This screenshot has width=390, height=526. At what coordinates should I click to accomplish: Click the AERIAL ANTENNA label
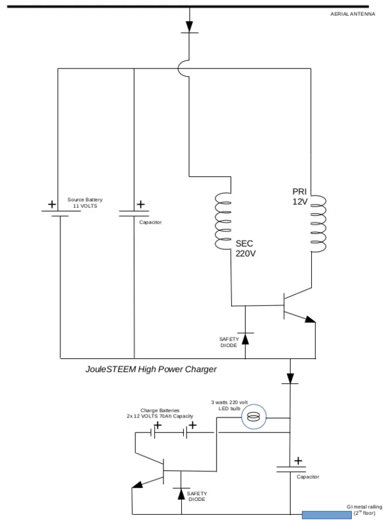click(353, 14)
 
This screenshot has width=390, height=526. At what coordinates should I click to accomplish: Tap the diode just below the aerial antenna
click(189, 27)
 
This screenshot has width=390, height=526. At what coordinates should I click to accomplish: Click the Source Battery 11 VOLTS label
click(85, 203)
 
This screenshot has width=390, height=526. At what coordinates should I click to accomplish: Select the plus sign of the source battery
click(52, 204)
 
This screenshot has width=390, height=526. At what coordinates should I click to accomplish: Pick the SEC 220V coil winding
click(223, 221)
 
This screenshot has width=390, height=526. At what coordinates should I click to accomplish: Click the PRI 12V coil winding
click(318, 224)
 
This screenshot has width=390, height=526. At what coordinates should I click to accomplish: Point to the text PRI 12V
click(300, 196)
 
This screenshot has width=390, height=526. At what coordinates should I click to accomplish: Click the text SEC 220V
click(246, 249)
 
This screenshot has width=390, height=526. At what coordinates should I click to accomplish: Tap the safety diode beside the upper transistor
click(246, 339)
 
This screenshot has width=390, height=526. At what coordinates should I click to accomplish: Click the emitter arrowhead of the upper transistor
click(311, 319)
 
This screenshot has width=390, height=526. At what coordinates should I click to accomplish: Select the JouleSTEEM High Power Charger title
click(151, 370)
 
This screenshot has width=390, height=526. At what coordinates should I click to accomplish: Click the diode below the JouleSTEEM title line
click(290, 378)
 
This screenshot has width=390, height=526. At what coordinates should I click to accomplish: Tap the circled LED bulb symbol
click(254, 417)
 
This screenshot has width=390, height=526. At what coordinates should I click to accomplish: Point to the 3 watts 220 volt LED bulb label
click(230, 405)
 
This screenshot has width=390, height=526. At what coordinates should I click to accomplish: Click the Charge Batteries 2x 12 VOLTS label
click(160, 414)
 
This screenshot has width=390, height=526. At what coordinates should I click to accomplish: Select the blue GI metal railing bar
click(327, 515)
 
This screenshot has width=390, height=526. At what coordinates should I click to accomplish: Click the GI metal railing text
click(364, 510)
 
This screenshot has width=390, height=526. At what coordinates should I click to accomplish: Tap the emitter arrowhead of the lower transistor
click(137, 485)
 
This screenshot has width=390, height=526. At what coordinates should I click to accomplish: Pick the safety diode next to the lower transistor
click(181, 494)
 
